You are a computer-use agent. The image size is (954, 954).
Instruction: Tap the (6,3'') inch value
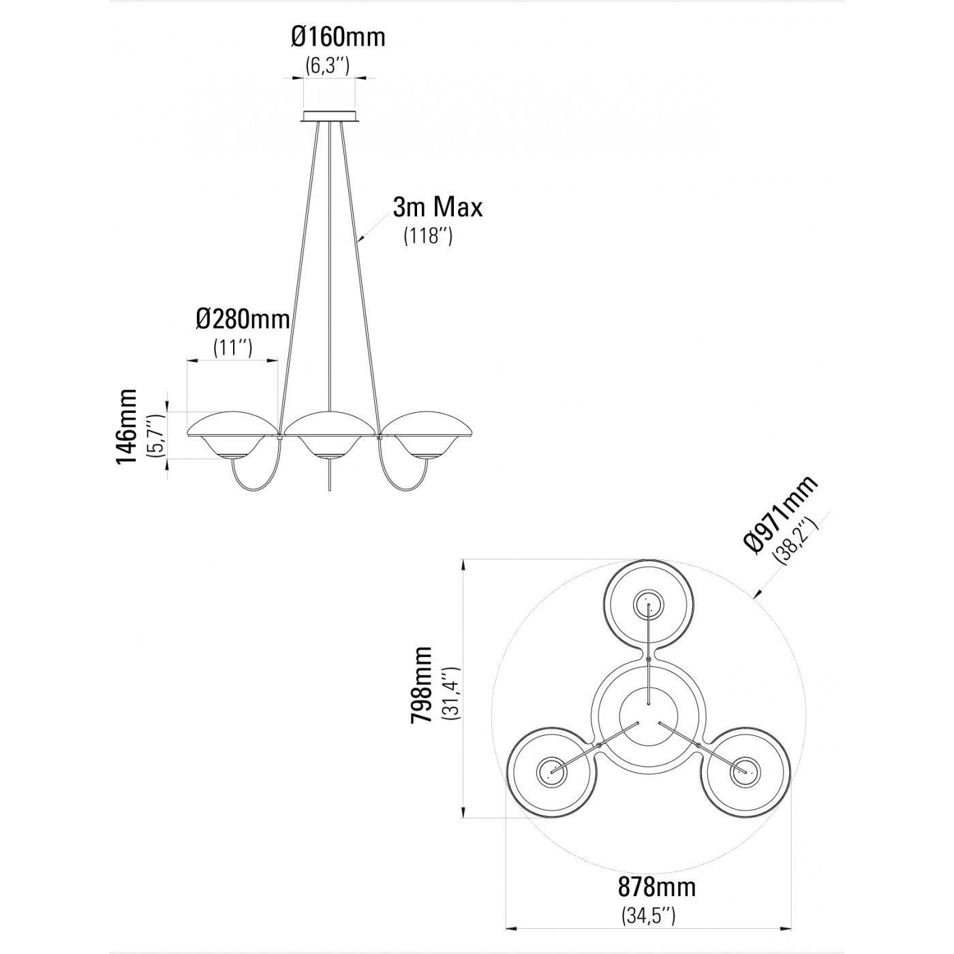[327, 65]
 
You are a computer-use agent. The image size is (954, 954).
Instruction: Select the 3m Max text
[437, 207]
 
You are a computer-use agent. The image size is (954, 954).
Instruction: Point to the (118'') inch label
[428, 236]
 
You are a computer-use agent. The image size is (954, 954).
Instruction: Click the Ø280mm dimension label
[243, 320]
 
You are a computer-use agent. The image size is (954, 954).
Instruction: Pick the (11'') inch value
[232, 348]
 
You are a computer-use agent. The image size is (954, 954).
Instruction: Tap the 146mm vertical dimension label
[127, 427]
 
